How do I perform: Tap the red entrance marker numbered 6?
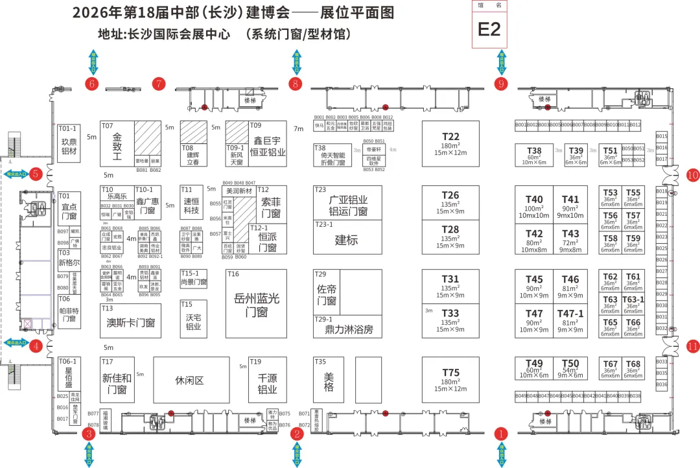[91, 83]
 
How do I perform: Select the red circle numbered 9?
[500, 83]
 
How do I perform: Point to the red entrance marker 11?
[693, 346]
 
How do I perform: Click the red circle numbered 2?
[297, 434]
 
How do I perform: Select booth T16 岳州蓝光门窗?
[257, 304]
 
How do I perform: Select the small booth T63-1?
[633, 304]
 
